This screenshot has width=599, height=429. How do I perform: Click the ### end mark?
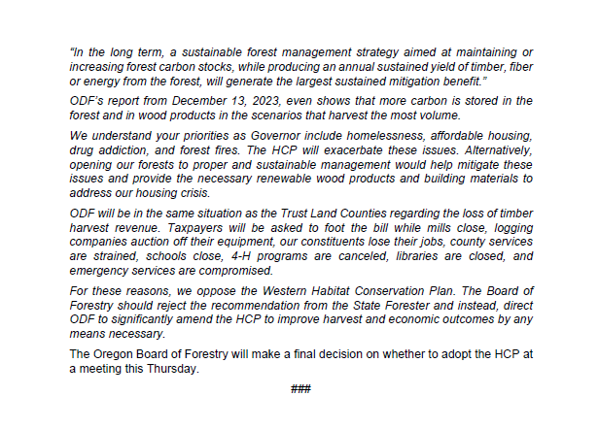pyautogui.click(x=300, y=390)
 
